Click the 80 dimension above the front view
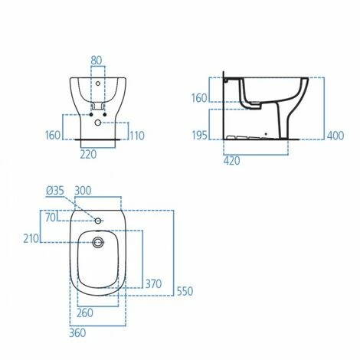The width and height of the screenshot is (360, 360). (96, 59)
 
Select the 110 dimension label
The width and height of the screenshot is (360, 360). (138, 136)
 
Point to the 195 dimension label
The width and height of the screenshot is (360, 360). (200, 135)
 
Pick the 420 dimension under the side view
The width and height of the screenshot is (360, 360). (233, 162)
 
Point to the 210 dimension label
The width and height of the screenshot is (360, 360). (31, 240)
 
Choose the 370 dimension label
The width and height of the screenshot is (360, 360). (153, 283)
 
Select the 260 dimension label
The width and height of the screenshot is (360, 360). (85, 313)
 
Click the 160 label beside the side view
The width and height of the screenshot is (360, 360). (200, 97)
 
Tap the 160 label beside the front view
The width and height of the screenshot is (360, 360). (53, 136)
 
